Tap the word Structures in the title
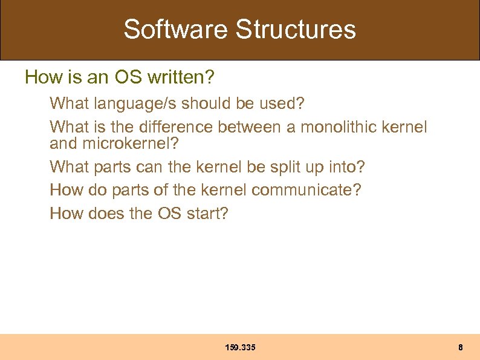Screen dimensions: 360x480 pos(296,29)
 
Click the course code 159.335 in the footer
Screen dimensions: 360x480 pos(240,347)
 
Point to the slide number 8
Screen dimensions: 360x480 pos(461,347)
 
